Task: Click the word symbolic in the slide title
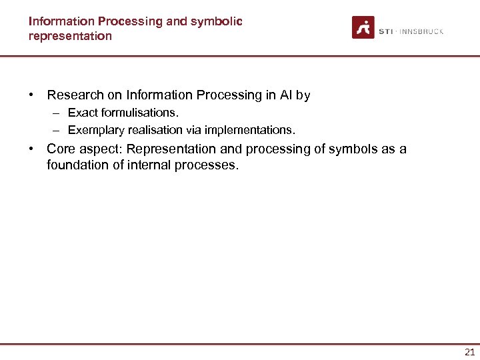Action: pos(217,21)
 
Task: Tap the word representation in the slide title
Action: pos(70,36)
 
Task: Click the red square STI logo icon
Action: pos(363,27)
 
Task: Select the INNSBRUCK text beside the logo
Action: pos(421,31)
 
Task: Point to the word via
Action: pos(194,129)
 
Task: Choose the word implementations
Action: pos(249,129)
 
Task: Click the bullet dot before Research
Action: pos(31,95)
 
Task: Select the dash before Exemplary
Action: pos(58,129)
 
